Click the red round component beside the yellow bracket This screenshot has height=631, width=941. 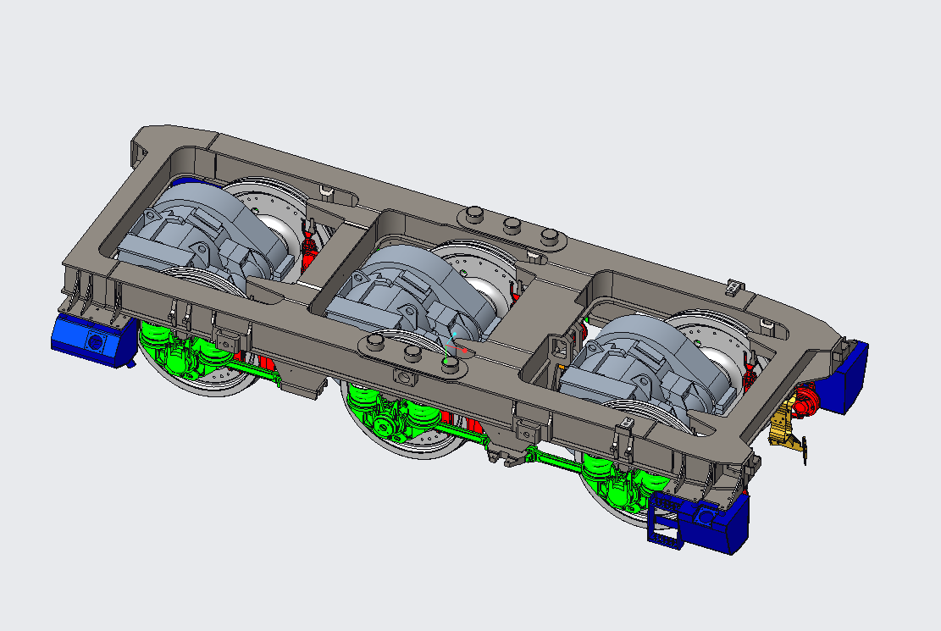click(x=805, y=400)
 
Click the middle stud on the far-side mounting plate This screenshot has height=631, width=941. click(x=512, y=224)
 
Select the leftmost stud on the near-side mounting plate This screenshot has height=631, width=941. click(x=374, y=341)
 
